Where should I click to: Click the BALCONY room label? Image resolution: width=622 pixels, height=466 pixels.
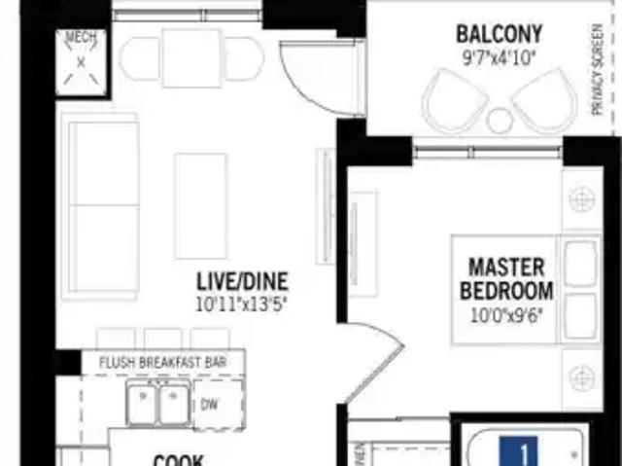pos(500,35)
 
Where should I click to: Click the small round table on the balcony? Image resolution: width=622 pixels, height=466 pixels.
pos(500,120)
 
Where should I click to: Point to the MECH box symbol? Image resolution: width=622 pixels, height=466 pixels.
pos(80,60)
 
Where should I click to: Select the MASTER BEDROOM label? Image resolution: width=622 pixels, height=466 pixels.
pos(506,278)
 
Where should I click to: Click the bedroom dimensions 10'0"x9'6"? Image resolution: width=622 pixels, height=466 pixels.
pos(506,313)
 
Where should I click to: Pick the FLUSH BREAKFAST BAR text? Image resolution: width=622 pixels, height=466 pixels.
pos(163,362)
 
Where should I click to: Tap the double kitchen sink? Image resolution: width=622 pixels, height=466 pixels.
pos(158,404)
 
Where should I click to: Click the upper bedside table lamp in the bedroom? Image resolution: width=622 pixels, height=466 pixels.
pos(583,199)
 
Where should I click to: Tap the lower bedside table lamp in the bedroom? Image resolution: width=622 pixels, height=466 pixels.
pos(583,373)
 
